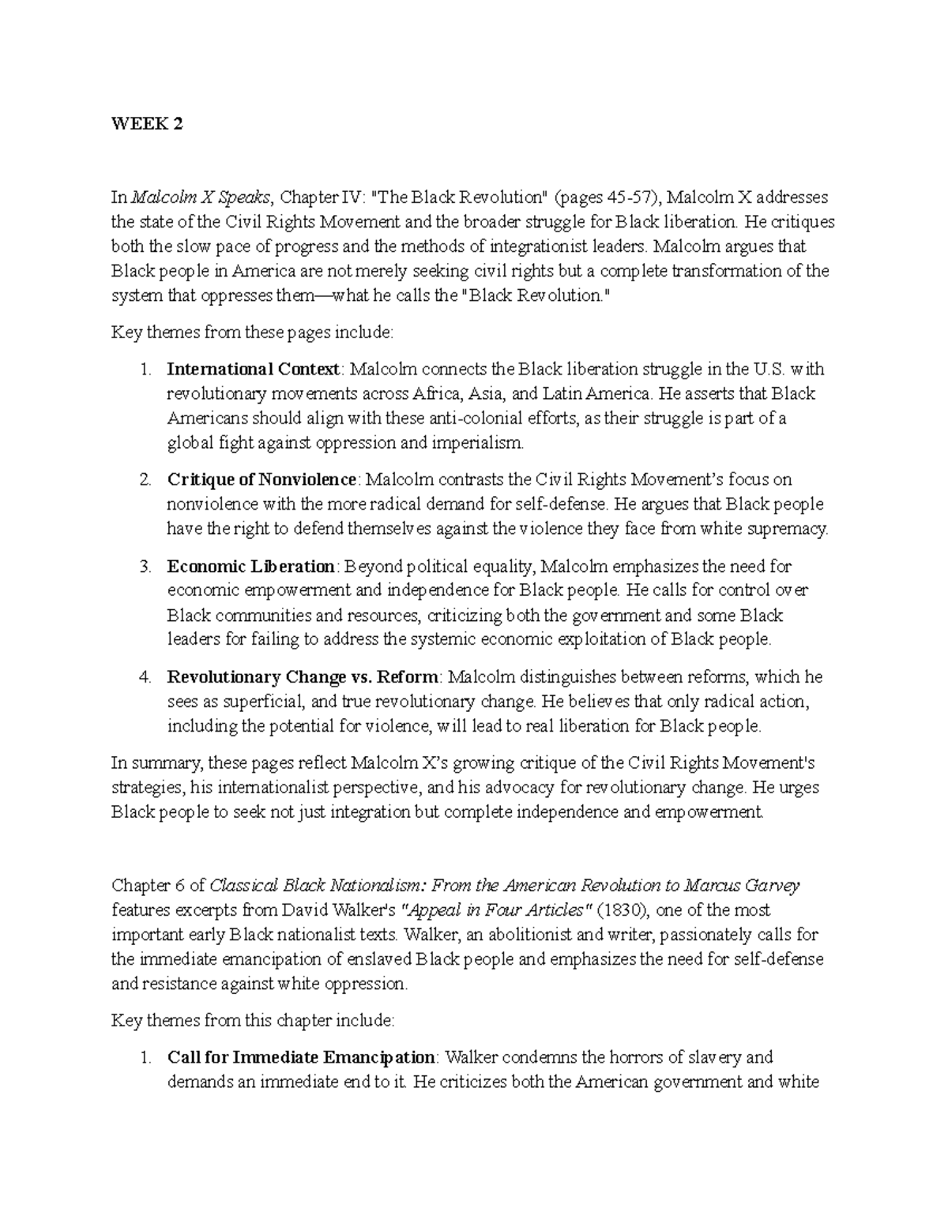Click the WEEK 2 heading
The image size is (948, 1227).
(x=146, y=124)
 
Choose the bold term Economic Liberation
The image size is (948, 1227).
(x=251, y=566)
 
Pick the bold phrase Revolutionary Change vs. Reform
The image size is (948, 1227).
(x=303, y=677)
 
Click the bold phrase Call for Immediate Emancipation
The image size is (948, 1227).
(x=300, y=1057)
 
